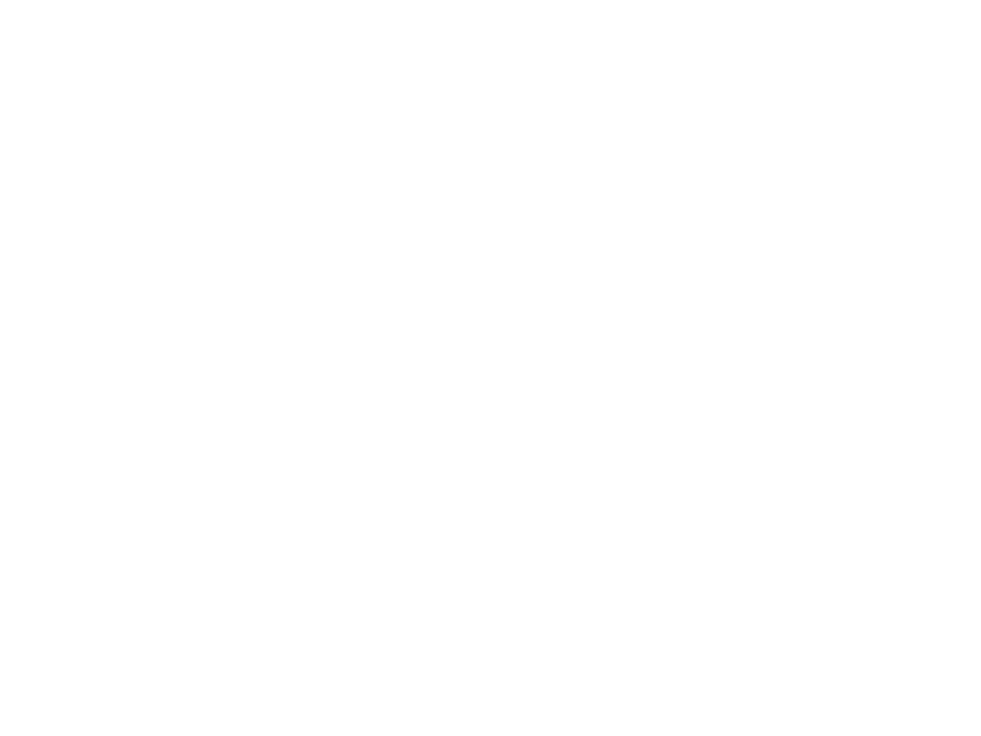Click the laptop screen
pos(669,227)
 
